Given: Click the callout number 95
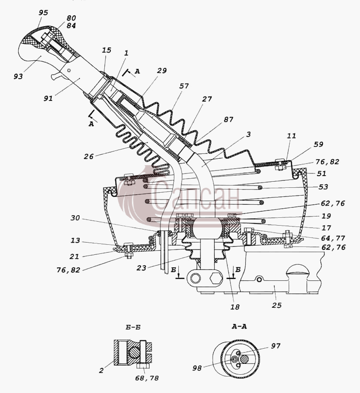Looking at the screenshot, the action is click(x=43, y=13).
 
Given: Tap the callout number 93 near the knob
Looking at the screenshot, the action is click(x=18, y=76).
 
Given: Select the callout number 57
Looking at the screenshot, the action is click(x=184, y=86).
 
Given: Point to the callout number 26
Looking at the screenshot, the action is click(x=89, y=157).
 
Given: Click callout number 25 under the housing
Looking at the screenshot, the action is click(x=277, y=305).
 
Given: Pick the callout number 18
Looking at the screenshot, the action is click(x=235, y=307).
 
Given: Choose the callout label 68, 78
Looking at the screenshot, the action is click(x=147, y=378).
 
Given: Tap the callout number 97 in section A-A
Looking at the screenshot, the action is click(x=276, y=346).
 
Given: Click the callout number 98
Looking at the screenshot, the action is click(x=197, y=368).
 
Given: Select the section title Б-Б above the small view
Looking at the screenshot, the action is click(x=133, y=327).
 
